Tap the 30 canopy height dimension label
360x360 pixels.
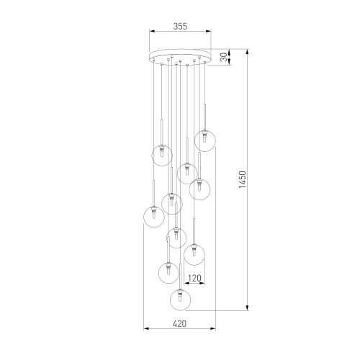[x=223, y=55]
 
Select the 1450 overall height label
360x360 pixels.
[x=242, y=180]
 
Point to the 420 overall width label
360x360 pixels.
[x=179, y=324]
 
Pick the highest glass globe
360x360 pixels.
[x=206, y=140]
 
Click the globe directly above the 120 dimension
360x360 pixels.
[x=194, y=254]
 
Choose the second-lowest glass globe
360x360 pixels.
[x=169, y=273]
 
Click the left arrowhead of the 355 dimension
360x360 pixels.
[x=150, y=32]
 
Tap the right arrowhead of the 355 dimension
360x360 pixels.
[x=210, y=32]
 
